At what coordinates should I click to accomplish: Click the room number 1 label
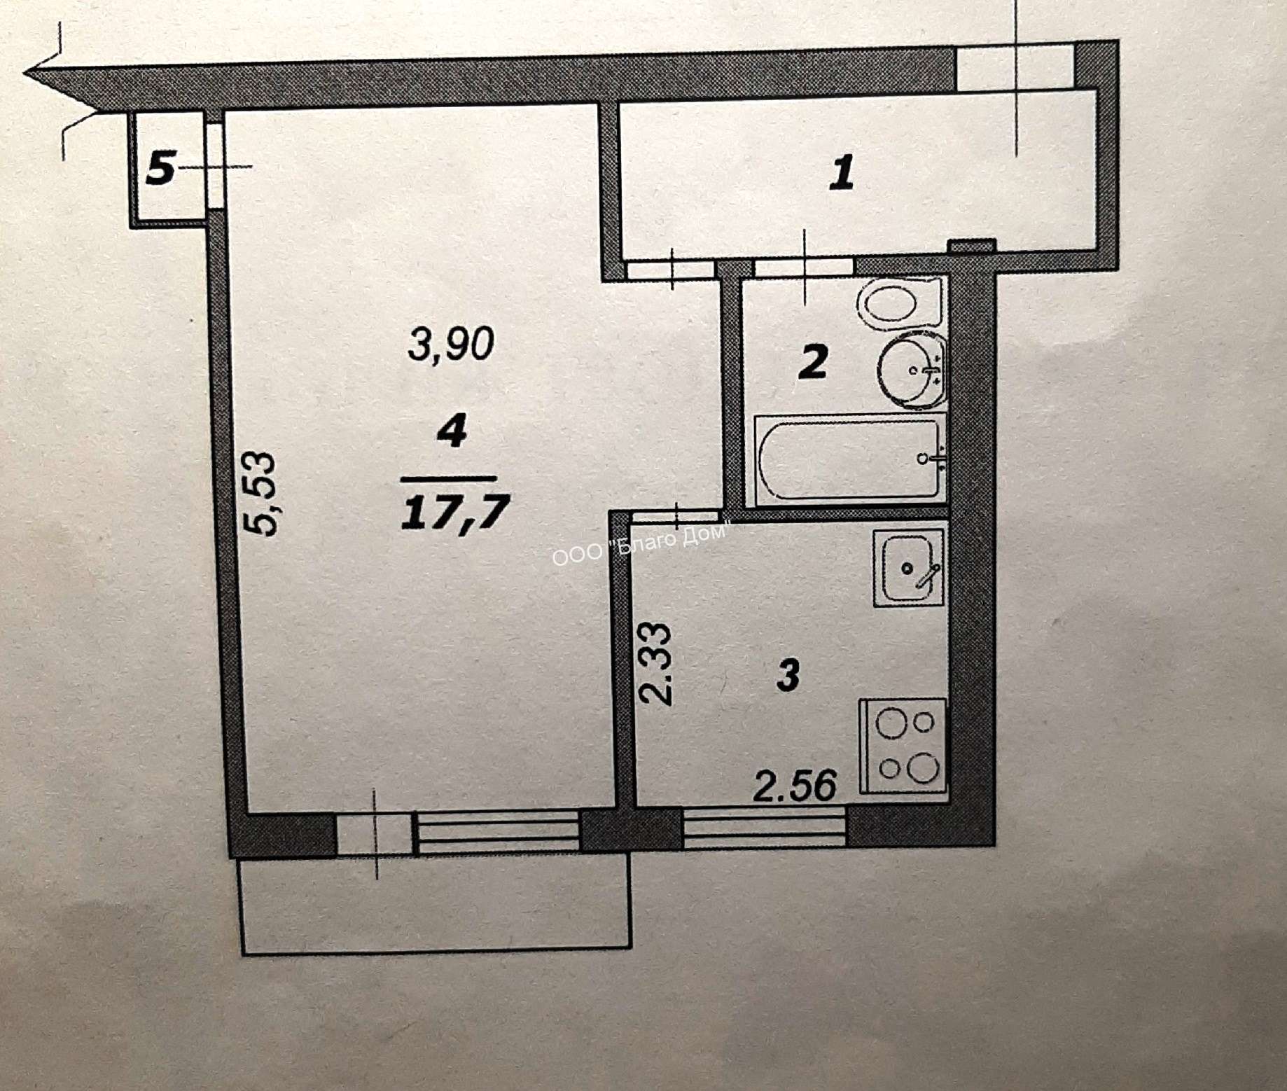pos(842,173)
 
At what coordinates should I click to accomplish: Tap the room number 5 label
pos(160,169)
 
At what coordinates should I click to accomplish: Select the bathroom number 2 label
pos(813,361)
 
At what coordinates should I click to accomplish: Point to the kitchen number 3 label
pos(788,675)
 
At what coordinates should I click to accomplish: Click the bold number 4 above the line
pos(452,430)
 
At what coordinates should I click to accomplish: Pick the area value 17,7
pos(454,513)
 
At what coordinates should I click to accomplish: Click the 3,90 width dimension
pos(452,344)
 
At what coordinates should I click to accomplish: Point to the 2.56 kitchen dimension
pos(795,785)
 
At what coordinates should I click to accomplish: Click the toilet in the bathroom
pos(900,303)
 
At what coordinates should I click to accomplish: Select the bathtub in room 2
pos(850,459)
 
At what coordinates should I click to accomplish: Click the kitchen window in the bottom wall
pos(765,828)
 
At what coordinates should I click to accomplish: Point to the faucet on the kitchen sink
pos(927,574)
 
